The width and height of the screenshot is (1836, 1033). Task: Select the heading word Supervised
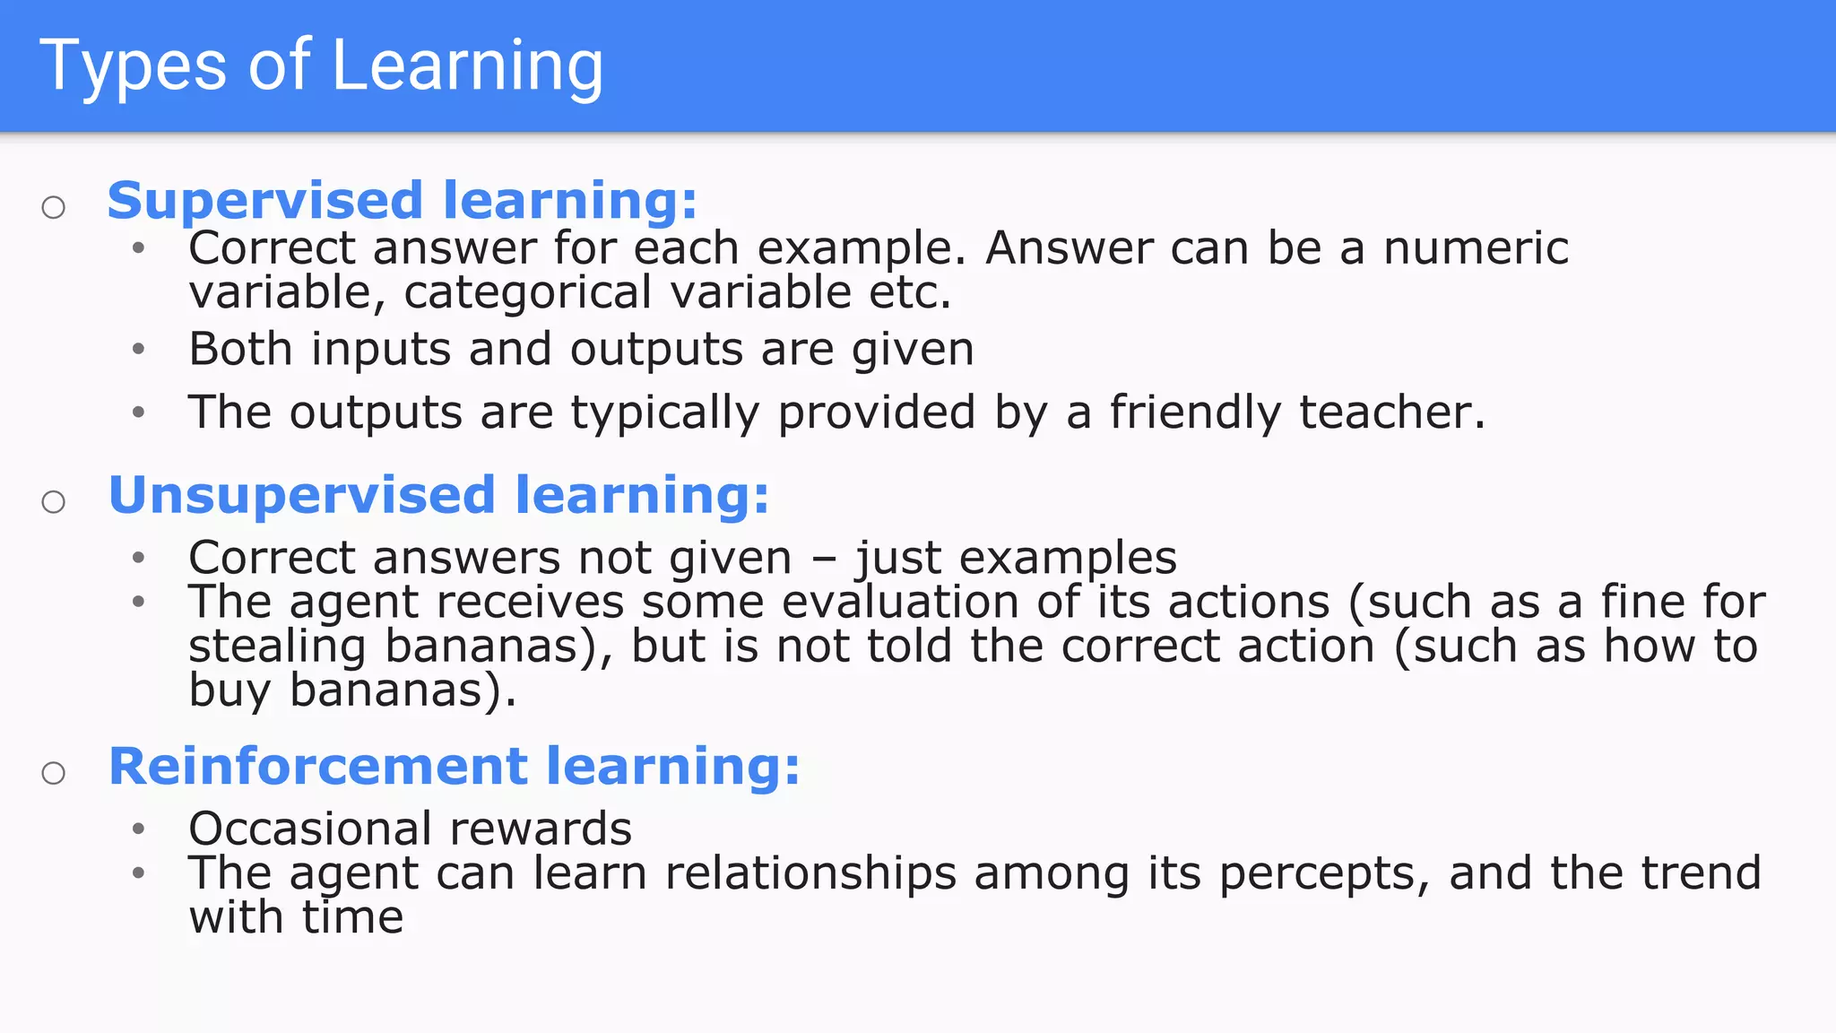(264, 200)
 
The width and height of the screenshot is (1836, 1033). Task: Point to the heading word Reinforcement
(317, 767)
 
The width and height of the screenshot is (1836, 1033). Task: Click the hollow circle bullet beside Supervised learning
(54, 208)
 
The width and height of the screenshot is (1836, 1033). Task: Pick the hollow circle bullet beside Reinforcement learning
(54, 773)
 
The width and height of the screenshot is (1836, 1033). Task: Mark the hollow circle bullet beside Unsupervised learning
(54, 502)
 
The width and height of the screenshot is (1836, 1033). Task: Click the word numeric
(1476, 248)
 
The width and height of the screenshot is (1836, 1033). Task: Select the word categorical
(528, 293)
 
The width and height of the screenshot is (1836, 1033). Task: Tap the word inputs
(380, 350)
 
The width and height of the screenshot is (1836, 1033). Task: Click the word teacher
(1390, 413)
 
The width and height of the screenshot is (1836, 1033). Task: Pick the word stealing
(277, 647)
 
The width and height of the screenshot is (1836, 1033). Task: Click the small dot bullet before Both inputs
(138, 349)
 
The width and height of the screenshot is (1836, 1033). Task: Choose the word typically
(664, 414)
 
